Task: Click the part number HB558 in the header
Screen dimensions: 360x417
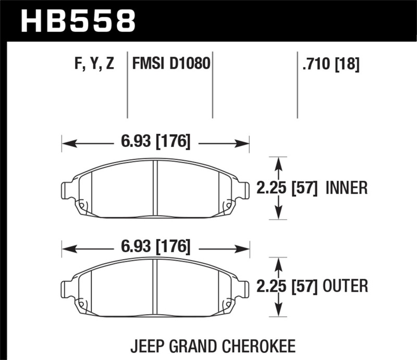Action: point(78,21)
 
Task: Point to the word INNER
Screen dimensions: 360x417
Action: point(347,188)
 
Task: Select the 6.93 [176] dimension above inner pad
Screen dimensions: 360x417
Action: point(155,141)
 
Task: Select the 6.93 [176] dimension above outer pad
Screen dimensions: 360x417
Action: point(155,246)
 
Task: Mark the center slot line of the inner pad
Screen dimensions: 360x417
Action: point(155,188)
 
